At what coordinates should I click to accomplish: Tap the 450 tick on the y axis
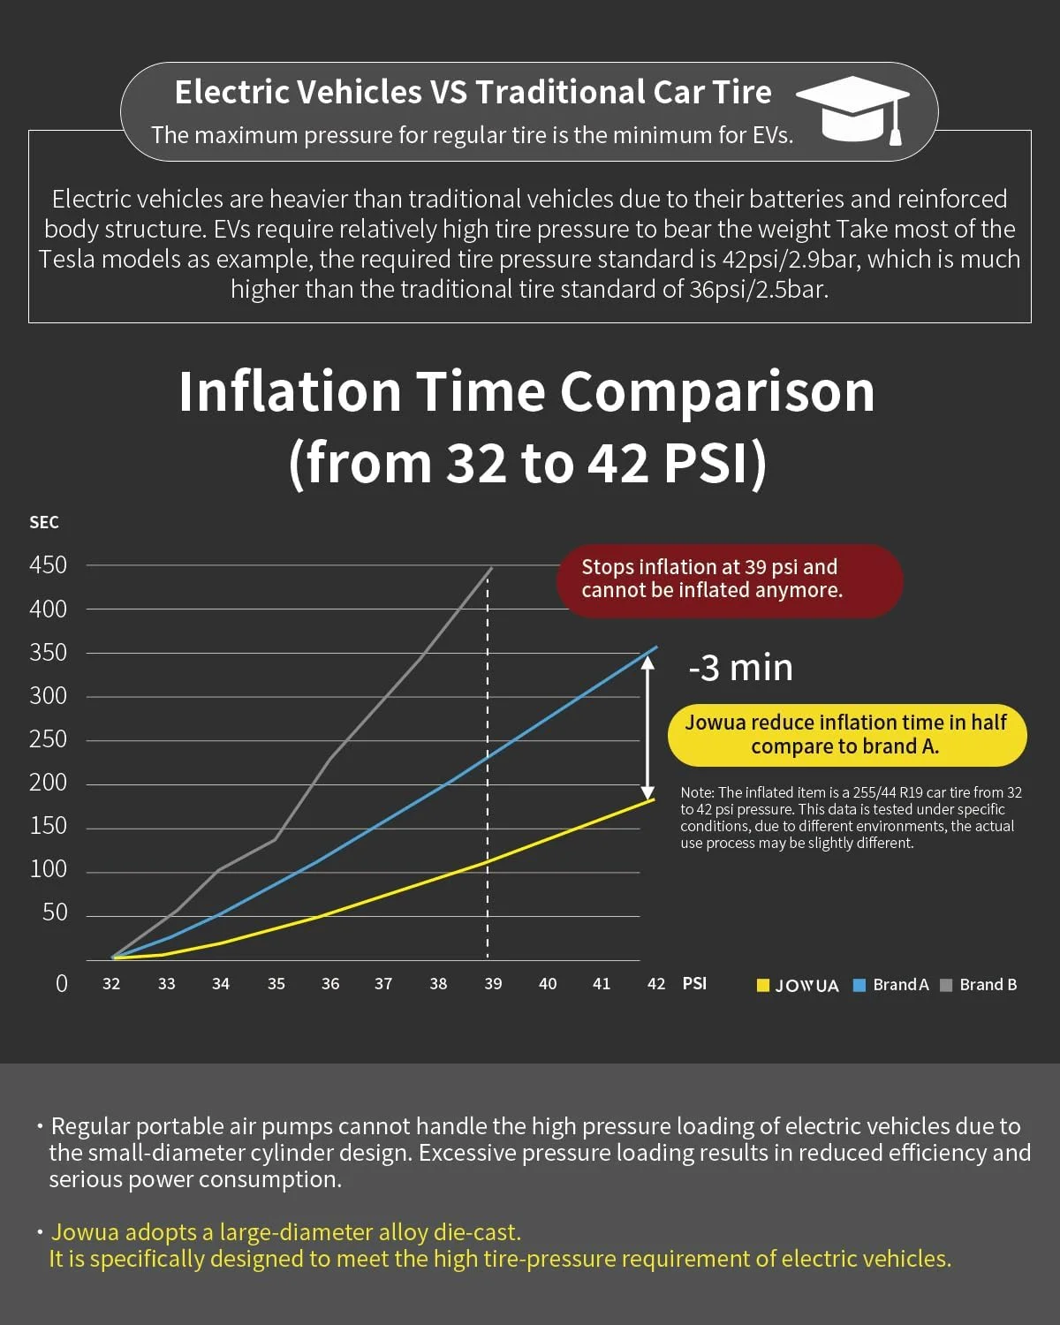coord(48,565)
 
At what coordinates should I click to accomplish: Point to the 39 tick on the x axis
coord(493,984)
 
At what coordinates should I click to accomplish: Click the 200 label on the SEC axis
coord(48,783)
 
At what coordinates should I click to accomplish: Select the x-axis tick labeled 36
coord(330,984)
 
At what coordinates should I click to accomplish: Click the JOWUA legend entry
coord(798,986)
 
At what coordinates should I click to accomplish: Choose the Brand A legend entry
coord(891,985)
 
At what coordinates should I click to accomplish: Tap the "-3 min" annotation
coord(740,668)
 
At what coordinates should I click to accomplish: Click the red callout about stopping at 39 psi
coord(730,579)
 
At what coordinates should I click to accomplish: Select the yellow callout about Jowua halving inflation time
coord(846,734)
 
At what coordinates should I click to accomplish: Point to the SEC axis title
coord(44,523)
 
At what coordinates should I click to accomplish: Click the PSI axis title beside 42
coord(694,984)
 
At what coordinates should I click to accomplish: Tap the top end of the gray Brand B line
coord(491,569)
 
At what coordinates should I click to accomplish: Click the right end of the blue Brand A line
coord(656,647)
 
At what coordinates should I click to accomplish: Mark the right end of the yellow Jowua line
coord(654,799)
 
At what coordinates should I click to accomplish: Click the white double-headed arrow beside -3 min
coord(647,729)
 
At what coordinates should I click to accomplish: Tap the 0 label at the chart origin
coord(61,984)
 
